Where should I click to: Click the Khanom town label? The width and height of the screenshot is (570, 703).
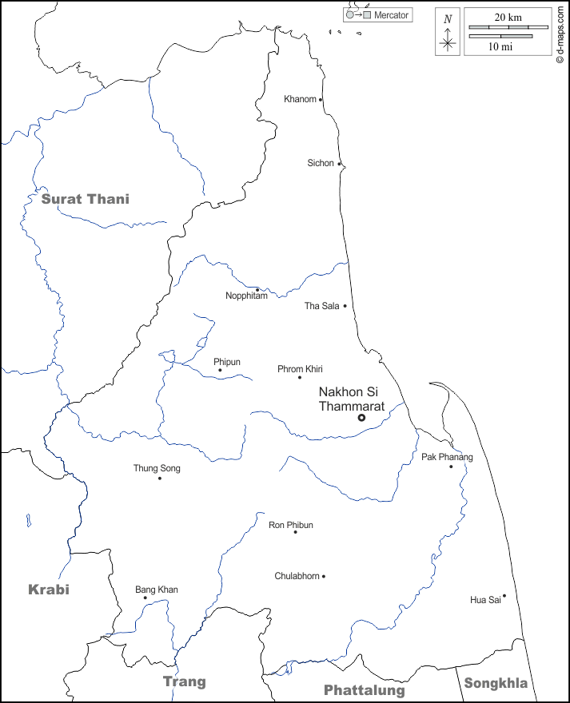[x=301, y=99]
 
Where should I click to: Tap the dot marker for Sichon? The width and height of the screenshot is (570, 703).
[x=339, y=164]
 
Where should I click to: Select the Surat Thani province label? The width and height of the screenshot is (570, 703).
[x=85, y=199]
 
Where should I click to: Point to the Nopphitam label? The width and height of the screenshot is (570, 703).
[x=246, y=296]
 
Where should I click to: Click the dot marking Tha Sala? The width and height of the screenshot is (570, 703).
[x=345, y=306]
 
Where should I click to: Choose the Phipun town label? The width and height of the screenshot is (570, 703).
[x=227, y=362]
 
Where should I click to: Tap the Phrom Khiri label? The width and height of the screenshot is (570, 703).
[x=300, y=368]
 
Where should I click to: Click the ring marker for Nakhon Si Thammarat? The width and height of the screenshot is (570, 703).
[x=361, y=417]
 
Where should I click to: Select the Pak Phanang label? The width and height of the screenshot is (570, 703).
[x=447, y=457]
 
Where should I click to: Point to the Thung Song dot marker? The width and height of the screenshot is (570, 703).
[x=159, y=478]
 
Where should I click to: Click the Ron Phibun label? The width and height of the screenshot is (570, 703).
[x=291, y=525]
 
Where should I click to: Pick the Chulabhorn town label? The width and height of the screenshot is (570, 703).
[x=297, y=576]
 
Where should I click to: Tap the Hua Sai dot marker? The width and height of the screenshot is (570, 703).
[x=504, y=595]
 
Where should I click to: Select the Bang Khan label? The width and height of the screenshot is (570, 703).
[x=157, y=590]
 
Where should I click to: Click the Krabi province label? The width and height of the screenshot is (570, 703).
[x=49, y=590]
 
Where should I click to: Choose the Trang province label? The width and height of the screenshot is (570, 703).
[x=185, y=681]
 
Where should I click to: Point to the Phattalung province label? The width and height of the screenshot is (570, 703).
[x=364, y=690]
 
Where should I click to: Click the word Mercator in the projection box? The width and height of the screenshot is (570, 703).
[x=392, y=15]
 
